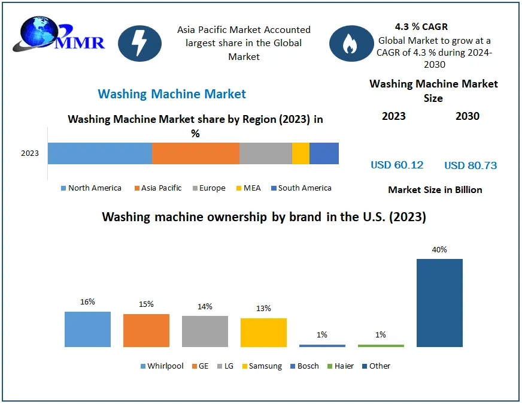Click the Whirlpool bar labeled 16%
point(87,329)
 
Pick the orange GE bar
point(146,330)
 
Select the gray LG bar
point(205,331)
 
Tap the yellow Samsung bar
point(263,332)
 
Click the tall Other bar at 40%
point(439,303)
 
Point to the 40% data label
point(439,249)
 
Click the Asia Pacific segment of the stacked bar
point(195,153)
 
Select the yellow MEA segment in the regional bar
point(301,153)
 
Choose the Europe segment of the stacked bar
point(265,153)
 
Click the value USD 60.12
point(397,165)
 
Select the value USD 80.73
point(471,165)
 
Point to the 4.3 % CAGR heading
point(421,27)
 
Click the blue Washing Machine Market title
point(172,94)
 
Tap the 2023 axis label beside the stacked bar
point(30,153)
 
